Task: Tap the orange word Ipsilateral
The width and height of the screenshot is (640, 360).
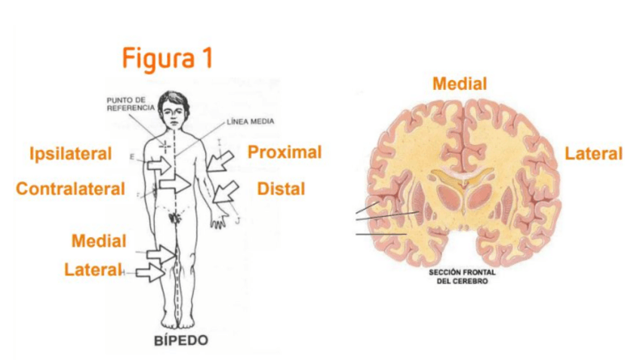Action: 70,154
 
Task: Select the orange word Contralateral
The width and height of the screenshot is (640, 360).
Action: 70,189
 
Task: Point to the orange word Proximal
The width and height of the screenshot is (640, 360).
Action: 285,152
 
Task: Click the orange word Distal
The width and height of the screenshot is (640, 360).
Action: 281,188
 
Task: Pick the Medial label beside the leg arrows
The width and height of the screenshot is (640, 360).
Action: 99,242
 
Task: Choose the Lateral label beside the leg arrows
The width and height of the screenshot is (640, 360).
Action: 93,269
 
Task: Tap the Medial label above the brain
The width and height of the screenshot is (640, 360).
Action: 459,84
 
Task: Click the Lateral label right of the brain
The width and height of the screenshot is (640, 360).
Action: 593,154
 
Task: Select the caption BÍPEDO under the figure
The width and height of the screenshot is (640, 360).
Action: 180,340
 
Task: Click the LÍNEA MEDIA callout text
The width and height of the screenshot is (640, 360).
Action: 251,122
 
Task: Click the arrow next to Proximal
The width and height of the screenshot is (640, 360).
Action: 222,159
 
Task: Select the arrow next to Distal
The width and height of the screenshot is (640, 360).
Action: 225,192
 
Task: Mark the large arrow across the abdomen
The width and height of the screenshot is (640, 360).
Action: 175,184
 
